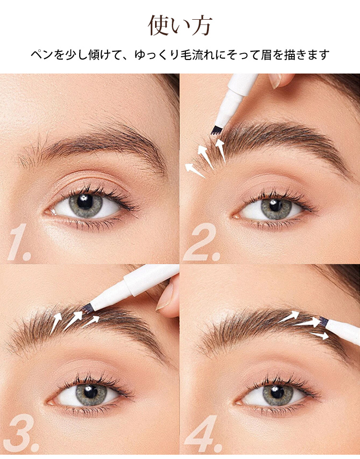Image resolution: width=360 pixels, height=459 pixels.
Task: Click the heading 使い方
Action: coord(180,26)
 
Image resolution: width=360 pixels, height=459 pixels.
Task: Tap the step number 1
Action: coord(19,242)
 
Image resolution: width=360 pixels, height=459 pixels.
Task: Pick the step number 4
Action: coord(203,433)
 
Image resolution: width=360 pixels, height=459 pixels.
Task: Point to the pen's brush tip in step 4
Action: coord(324,321)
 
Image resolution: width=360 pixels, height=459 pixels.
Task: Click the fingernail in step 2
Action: coord(275,81)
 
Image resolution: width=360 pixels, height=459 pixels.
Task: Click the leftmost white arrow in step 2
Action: coord(195,170)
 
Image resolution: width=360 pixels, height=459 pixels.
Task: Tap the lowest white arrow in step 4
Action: coord(319,336)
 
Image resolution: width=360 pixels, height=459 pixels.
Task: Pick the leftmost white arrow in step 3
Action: coord(56,323)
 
